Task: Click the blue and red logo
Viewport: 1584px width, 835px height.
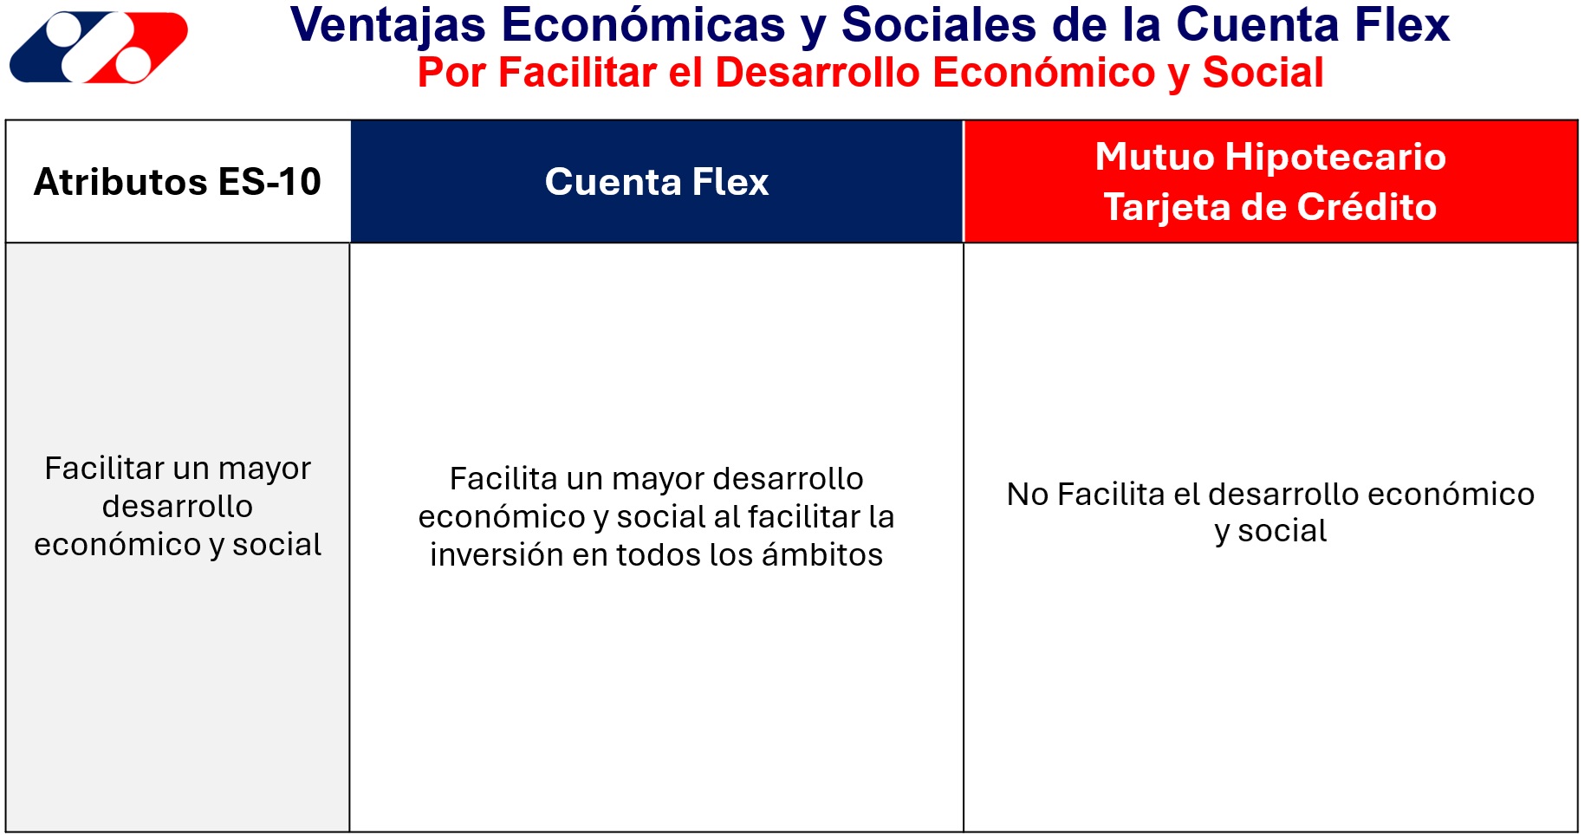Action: [99, 47]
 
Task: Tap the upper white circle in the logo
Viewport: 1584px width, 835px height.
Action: [66, 30]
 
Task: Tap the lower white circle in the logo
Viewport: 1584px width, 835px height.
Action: [133, 63]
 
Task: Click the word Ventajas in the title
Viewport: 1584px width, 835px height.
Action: [388, 26]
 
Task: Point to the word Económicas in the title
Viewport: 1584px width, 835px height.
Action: [644, 24]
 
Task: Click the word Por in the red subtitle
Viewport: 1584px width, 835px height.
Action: [451, 73]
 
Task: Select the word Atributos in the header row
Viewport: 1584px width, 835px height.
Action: [120, 182]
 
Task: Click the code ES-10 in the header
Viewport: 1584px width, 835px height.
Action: [269, 182]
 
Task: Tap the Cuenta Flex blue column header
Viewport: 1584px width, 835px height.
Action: [657, 182]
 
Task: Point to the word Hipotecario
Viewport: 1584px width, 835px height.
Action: [1335, 158]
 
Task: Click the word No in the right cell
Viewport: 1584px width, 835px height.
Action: [1028, 495]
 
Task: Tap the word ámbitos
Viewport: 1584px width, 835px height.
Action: [821, 555]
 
